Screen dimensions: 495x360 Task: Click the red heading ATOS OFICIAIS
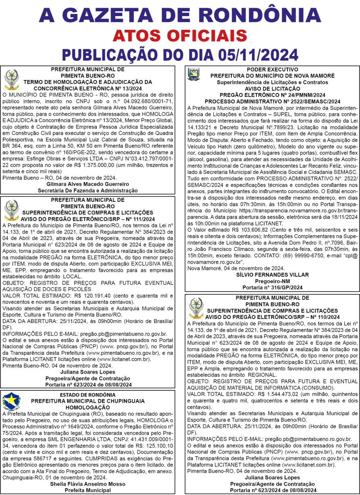pyautogui.click(x=180, y=35)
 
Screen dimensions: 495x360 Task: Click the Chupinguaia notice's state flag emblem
pyautogui.click(x=11, y=402)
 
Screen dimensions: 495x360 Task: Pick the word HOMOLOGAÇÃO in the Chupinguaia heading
pyautogui.click(x=87, y=408)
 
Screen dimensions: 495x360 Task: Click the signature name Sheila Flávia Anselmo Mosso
pyautogui.click(x=88, y=484)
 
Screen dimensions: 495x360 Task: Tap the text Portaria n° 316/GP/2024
pyautogui.click(x=272, y=287)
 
